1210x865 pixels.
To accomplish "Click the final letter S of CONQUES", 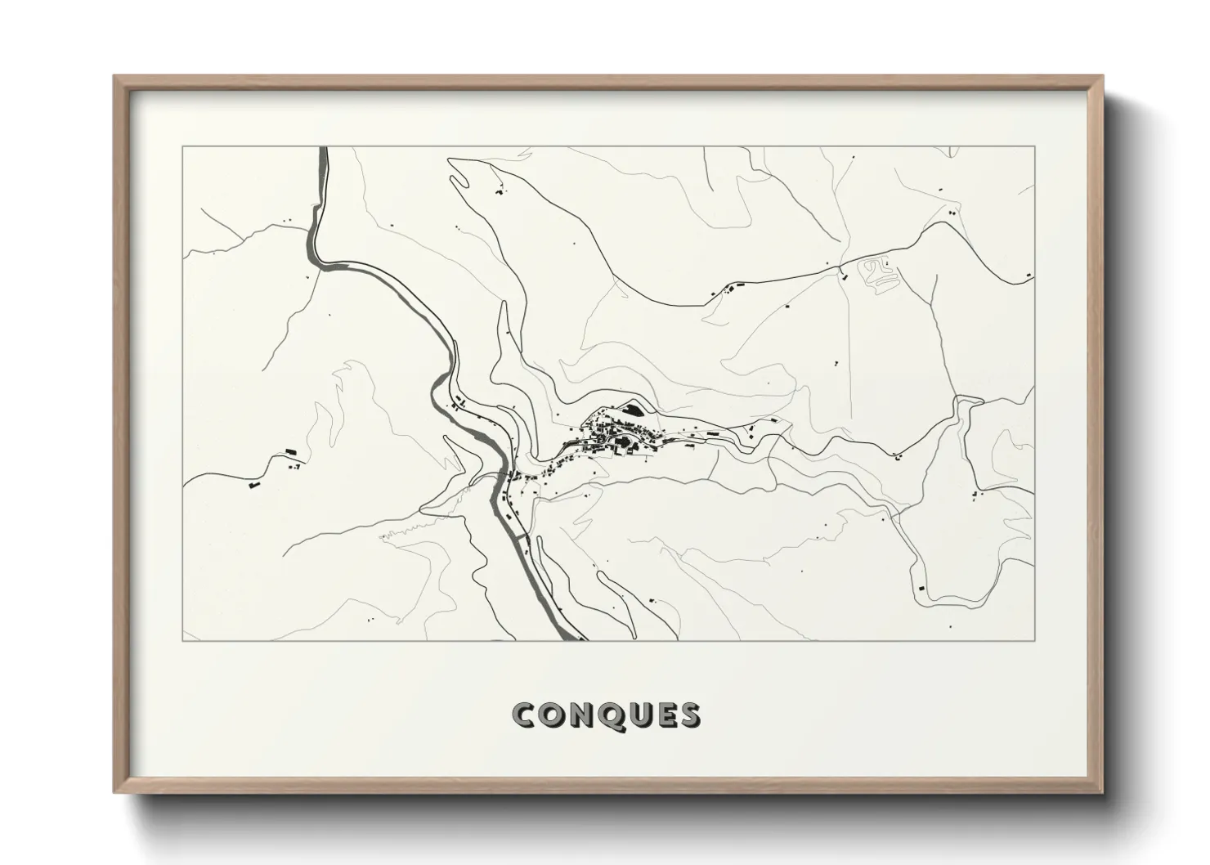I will [689, 715].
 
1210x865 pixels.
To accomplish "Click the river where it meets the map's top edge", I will [323, 150].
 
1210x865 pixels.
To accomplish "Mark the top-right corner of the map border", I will [1035, 146].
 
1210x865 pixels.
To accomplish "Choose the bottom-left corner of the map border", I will [183, 640].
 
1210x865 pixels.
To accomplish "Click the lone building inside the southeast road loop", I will [921, 587].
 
